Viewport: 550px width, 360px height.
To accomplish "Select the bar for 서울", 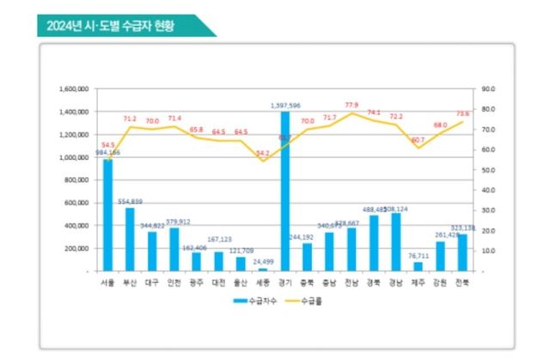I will coord(107,215).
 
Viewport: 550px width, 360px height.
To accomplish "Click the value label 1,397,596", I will coord(284,106).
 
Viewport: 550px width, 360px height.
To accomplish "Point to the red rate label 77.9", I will coord(351,105).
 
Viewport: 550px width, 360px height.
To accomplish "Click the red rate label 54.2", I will coord(262,153).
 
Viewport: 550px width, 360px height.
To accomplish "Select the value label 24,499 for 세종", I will coord(262,261).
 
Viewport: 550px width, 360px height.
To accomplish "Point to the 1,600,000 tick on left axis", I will coord(76,88).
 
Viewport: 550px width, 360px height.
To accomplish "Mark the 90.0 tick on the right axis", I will coord(490,88).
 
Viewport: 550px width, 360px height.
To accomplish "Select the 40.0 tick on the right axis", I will coord(490,190).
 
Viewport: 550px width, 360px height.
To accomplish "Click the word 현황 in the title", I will coord(161,26).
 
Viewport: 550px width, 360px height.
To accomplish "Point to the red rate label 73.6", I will coord(463,113).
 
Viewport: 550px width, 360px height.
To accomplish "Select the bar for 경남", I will coord(396,241).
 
